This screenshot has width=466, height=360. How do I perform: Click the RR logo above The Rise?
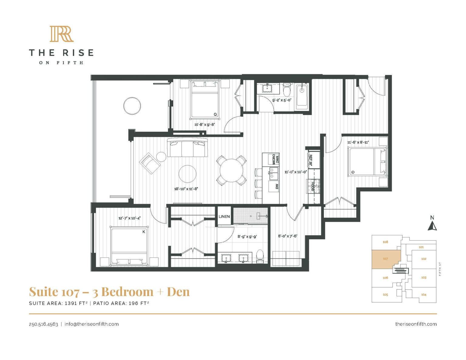62,34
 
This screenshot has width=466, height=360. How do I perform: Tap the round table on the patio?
132,106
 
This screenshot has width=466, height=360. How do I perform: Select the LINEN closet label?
224,216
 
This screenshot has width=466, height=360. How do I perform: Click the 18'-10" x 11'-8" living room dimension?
186,189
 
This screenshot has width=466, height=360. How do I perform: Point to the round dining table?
231,170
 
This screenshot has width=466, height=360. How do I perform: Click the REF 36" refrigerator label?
310,160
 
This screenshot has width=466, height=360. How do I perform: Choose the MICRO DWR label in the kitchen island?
275,159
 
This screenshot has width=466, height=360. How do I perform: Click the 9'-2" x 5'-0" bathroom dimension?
282,100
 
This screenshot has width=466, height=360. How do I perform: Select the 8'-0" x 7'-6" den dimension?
287,236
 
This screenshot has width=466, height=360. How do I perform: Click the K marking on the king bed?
144,232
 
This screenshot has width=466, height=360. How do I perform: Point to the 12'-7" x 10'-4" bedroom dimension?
129,218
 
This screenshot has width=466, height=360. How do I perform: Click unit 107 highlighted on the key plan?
385,259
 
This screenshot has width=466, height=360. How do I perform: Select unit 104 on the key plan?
424,294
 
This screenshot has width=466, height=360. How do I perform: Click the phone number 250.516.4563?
43,324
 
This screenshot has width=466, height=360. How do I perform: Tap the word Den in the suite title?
178,292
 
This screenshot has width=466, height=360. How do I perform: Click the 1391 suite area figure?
72,303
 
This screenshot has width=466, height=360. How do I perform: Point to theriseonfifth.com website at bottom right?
416,324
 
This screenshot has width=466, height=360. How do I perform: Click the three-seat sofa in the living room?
187,148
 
